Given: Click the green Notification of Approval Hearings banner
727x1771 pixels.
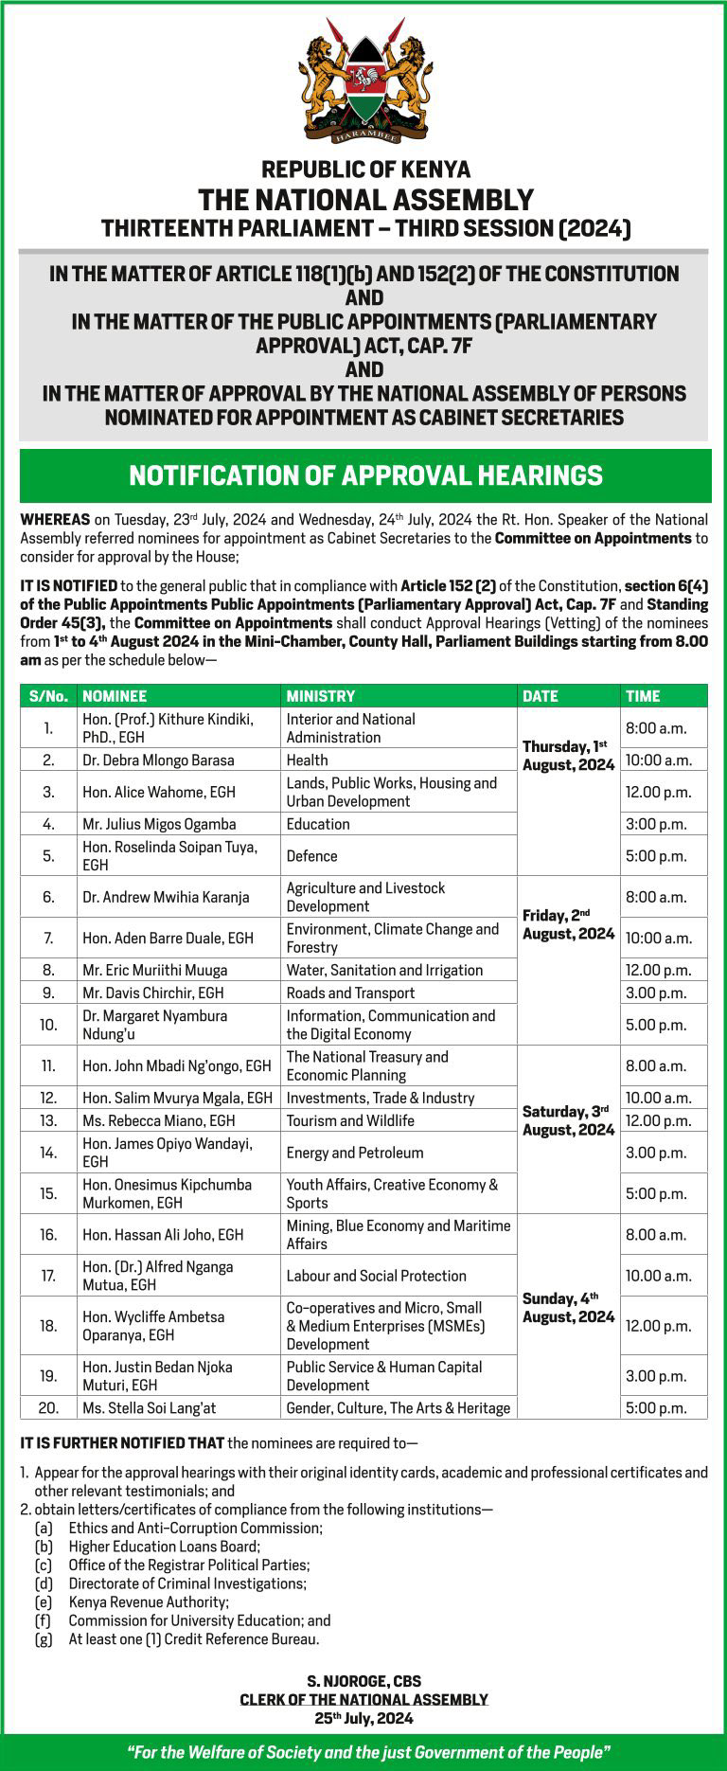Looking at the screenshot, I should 364,475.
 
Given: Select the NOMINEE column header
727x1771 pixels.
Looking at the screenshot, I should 115,696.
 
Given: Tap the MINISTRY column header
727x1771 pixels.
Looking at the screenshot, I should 321,696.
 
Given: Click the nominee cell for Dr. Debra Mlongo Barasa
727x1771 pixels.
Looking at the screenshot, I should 158,760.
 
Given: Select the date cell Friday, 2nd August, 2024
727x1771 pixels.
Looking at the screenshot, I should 568,924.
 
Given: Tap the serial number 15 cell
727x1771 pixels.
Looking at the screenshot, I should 48,1193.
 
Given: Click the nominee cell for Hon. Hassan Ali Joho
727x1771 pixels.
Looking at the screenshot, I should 163,1235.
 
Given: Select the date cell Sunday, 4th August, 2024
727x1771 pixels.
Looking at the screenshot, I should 568,1308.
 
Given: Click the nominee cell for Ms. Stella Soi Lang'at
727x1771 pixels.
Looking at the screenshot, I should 150,1408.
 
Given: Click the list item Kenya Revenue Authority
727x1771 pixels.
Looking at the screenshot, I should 149,1602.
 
